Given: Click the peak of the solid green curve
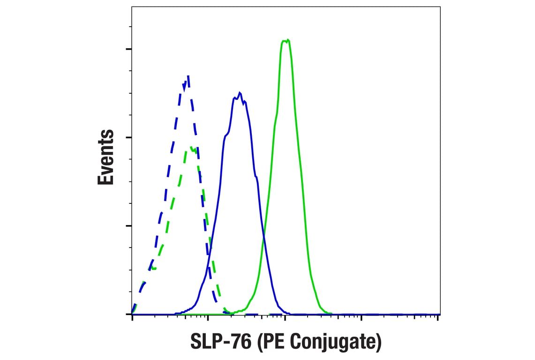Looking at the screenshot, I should click(286, 40).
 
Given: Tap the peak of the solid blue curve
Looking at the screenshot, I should click(240, 93).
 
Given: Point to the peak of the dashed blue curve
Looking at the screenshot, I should click(188, 76).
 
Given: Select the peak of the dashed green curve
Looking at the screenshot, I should click(192, 148).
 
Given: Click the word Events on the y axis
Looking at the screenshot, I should click(106, 157).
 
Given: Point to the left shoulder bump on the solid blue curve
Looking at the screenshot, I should click(226, 136).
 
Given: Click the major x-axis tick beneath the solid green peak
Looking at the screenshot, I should click(285, 317).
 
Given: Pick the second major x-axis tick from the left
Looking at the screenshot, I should click(208, 317).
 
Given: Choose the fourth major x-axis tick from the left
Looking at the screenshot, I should click(362, 317).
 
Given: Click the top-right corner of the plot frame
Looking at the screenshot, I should click(440, 7).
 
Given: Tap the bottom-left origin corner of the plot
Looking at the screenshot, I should click(132, 314).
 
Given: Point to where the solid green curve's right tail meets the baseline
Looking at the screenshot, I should click(330, 313).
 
